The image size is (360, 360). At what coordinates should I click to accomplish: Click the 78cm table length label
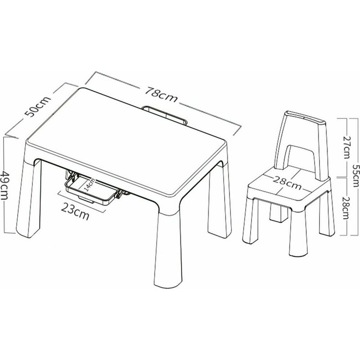point(161,94)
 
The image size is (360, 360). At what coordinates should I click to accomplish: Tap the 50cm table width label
point(37,106)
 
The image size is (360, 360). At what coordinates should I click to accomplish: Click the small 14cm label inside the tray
point(89,184)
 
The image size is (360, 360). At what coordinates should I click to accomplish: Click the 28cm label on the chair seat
point(287,184)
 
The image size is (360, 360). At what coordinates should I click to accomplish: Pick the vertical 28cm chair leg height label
point(346,208)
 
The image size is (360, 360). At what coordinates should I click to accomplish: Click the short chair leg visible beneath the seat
point(279,212)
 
